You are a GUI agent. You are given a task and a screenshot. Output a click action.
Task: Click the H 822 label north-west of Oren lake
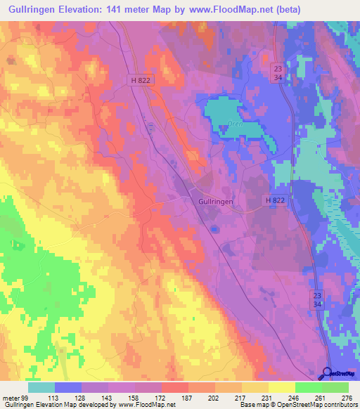coord(140,81)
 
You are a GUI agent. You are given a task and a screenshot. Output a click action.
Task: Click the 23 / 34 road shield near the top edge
coord(278,72)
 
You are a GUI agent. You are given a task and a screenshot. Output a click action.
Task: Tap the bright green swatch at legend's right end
coord(335,387)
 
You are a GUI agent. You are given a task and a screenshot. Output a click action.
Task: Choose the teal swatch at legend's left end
coord(41,387)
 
